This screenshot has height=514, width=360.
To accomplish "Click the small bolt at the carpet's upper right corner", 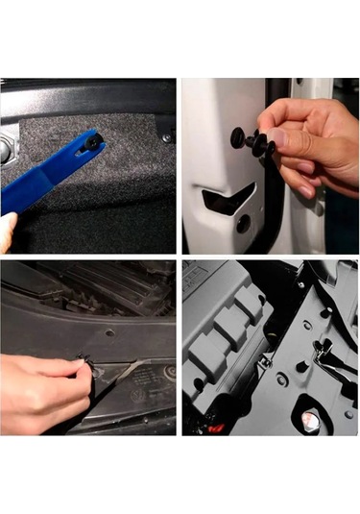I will (166, 137).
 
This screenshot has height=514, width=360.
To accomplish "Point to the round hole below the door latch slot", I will (244, 223).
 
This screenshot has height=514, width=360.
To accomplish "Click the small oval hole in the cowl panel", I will (109, 332).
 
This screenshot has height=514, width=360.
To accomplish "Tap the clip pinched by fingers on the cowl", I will (84, 362).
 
